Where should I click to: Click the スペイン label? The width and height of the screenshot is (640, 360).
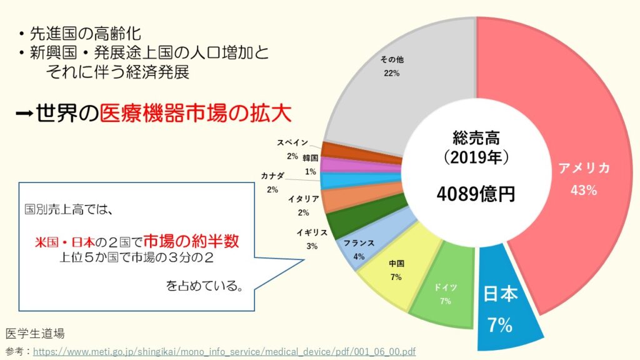[292, 143]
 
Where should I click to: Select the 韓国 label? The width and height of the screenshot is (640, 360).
[311, 158]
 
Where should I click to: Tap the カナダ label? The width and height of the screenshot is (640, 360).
[273, 176]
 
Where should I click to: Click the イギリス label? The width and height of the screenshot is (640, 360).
[312, 232]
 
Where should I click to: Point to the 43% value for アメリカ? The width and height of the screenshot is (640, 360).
[583, 191]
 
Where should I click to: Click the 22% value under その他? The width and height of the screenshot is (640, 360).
[392, 73]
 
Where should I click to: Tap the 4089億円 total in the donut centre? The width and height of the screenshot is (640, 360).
[477, 193]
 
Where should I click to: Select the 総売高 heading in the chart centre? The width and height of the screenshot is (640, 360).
[476, 136]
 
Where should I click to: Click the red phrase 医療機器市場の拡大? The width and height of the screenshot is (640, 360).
[196, 114]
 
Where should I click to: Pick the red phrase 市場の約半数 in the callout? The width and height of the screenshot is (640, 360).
[191, 240]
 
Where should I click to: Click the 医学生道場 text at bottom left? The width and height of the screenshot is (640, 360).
[34, 332]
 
